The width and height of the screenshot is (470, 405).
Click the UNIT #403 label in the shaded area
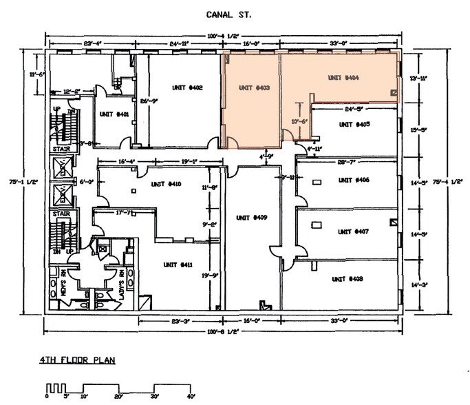click(253, 87)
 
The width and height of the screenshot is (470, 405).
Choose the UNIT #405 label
click(354, 125)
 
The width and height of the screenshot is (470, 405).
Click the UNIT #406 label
click(354, 180)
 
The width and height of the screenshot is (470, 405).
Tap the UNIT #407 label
click(354, 231)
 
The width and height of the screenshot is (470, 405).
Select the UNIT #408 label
click(347, 279)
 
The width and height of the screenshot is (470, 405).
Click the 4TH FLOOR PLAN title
click(76, 360)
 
